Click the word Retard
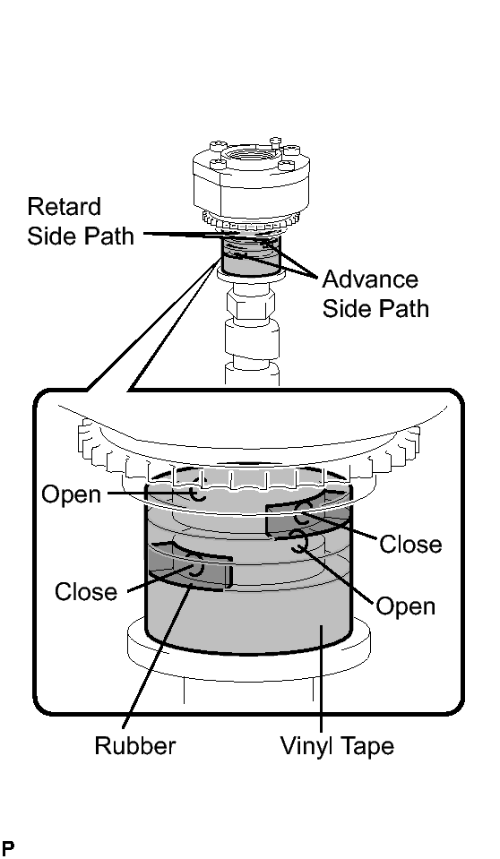tap(65, 207)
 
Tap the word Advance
tap(370, 279)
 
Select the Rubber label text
tap(135, 745)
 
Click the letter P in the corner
tap(8, 848)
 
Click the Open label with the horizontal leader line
tap(72, 494)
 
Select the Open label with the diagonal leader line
tap(406, 606)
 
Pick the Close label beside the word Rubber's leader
tap(86, 592)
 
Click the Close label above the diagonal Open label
tap(410, 545)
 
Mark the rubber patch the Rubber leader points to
tap(190, 568)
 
